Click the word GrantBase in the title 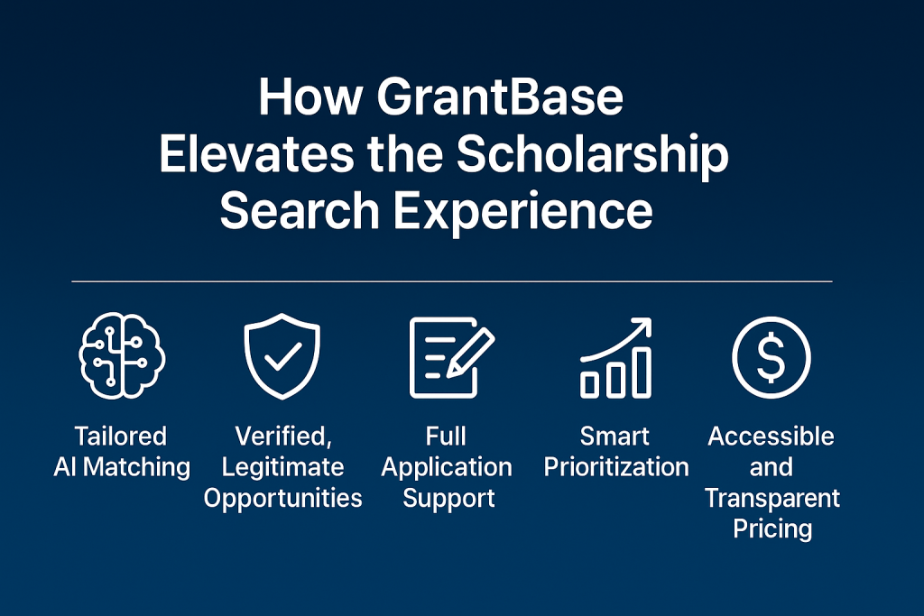click(500, 97)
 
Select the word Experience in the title click(522, 212)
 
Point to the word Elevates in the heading click(256, 154)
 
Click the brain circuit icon click(122, 355)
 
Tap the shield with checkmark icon click(282, 355)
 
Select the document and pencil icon click(452, 357)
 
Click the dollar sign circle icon click(772, 357)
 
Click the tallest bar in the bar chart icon click(642, 372)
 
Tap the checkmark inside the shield click(282, 356)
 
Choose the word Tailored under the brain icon click(121, 437)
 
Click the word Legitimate click(282, 467)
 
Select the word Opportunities click(282, 498)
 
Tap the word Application click(447, 467)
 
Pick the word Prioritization click(615, 467)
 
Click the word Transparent click(772, 498)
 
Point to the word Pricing click(772, 529)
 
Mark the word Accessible click(772, 437)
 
